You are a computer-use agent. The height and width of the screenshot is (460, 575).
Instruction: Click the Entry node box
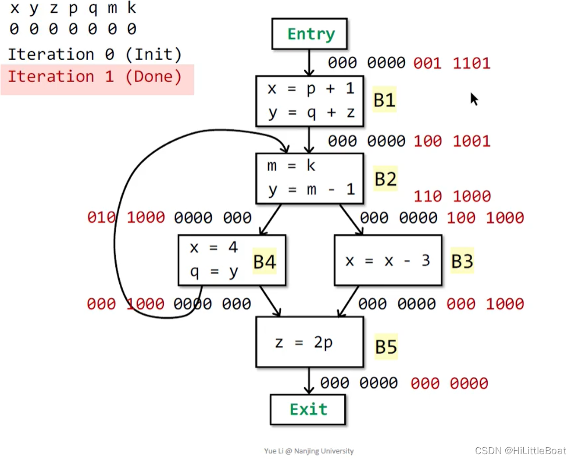pos(309,34)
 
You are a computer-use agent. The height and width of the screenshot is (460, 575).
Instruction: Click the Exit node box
pos(308,409)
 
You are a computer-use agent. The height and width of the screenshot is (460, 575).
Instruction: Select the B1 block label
pos(384,101)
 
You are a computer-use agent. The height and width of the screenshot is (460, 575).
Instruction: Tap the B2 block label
pos(385,179)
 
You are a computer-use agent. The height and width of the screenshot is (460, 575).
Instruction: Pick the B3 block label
pos(462,262)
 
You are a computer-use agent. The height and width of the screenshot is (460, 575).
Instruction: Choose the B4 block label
pos(265,262)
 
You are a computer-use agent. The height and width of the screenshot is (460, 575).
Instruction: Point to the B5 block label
pos(385,347)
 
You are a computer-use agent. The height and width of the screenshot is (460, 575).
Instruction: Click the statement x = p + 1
pos(310,89)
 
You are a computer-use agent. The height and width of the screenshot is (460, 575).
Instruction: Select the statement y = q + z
pos(310,112)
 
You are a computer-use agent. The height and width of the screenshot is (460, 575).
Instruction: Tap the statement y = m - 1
pos(310,190)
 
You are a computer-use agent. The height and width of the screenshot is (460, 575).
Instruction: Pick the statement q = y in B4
pos(214,272)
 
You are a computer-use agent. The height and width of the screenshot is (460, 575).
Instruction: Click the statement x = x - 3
pos(387,261)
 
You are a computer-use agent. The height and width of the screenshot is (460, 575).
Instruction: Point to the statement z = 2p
pos(304,343)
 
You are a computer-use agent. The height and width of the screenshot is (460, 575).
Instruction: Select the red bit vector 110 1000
pos(452,197)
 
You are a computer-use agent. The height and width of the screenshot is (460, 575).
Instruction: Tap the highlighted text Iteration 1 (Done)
pos(95,77)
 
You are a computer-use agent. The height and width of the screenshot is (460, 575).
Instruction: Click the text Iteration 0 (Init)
pos(95,55)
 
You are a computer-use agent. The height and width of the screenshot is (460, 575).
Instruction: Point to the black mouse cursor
pos(474,99)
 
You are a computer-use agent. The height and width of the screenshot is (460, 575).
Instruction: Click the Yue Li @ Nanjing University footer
pos(309,451)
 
